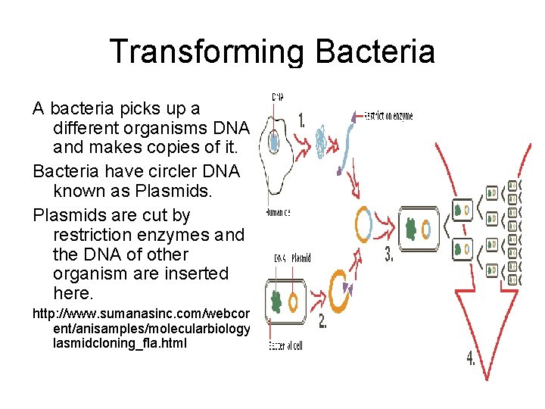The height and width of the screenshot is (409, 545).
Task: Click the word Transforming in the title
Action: (206, 52)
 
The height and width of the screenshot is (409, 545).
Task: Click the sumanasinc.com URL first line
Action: (142, 313)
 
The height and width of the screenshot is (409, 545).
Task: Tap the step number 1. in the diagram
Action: (302, 121)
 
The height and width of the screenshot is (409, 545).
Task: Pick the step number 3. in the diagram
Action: (389, 255)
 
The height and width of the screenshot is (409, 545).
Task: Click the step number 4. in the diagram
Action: (471, 358)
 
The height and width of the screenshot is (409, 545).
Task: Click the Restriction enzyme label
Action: (388, 117)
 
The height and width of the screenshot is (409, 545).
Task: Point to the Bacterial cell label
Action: (285, 345)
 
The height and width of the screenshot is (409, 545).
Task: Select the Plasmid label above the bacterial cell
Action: (301, 258)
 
